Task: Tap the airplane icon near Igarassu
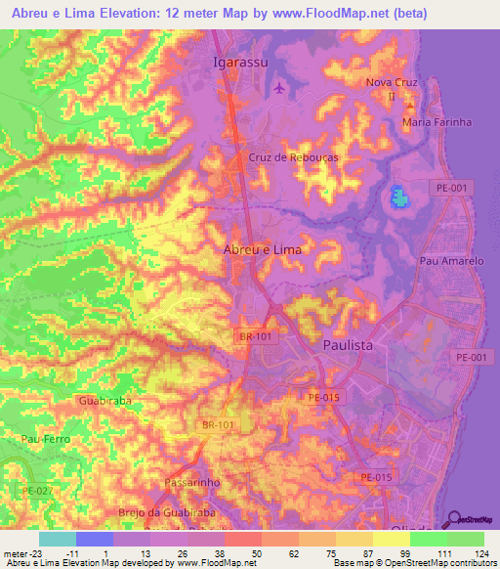pos(281,89)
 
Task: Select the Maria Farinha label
pos(437,122)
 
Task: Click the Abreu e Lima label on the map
pos(263,249)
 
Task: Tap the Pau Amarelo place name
pos(451,261)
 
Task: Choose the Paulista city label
pos(349,346)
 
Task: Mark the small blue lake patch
pos(398,198)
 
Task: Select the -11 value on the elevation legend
pos(72,553)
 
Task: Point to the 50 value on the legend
pos(255,553)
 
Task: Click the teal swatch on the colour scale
pos(58,539)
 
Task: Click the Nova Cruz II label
pos(385,89)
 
